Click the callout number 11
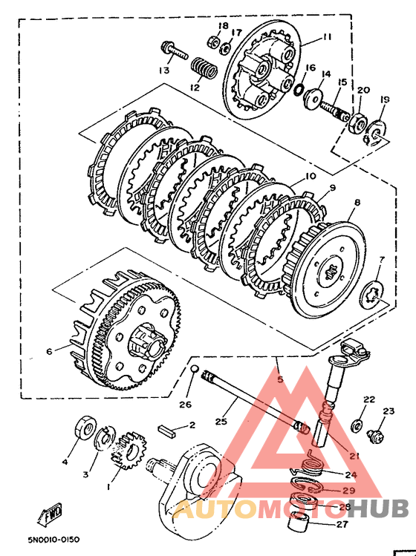[x=327, y=37]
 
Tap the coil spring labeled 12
[x=204, y=68]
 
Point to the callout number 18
[x=224, y=25]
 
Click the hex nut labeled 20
[x=359, y=122]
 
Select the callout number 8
[x=357, y=202]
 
